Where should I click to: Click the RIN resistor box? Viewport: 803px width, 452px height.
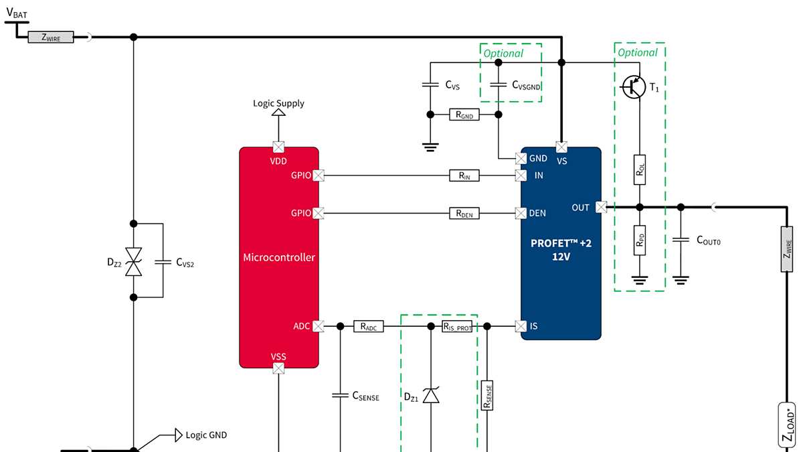464,175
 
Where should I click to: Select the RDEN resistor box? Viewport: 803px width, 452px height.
464,213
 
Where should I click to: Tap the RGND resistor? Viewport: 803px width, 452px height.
464,115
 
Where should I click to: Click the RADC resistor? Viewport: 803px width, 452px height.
368,327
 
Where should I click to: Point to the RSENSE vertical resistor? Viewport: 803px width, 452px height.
487,396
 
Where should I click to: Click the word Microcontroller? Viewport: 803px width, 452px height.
278,257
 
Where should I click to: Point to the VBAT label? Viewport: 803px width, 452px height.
17,11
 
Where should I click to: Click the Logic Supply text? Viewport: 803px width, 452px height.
278,103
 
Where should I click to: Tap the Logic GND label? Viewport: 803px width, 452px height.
206,435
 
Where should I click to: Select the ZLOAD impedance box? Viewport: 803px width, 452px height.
787,425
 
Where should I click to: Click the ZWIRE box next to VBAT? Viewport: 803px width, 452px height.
51,37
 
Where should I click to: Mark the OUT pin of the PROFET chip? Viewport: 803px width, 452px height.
600,208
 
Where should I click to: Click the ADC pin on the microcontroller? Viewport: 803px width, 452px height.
319,326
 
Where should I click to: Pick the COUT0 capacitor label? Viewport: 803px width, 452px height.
709,240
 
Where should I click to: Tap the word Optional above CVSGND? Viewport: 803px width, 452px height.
503,53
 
